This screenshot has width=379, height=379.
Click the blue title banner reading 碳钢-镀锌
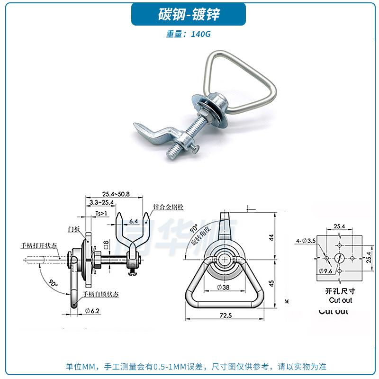(x=189, y=14)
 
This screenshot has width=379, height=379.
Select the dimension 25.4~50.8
(x=116, y=194)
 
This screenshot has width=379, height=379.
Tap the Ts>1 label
(x=102, y=214)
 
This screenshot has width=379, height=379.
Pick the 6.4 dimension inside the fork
(x=134, y=221)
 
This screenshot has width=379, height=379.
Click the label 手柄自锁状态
(x=101, y=294)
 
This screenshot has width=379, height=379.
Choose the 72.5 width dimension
(x=226, y=315)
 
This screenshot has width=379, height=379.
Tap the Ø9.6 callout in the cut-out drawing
(x=326, y=271)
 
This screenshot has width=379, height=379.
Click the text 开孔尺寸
(x=340, y=291)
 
